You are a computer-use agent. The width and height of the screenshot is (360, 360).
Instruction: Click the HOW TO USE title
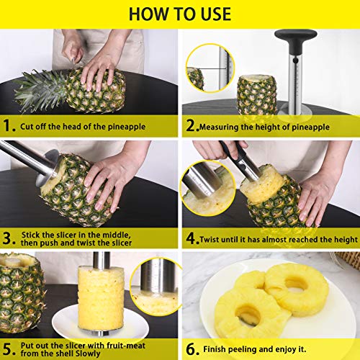[180, 14]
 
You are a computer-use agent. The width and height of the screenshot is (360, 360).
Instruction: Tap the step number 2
[193, 126]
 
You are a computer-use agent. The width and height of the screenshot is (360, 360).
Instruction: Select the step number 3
[9, 238]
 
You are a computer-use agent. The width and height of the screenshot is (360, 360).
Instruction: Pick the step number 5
[9, 349]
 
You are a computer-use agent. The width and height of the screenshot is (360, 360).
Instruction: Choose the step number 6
[193, 349]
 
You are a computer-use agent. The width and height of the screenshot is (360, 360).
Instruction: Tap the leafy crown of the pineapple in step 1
[41, 91]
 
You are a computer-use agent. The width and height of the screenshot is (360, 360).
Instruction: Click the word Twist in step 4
[210, 239]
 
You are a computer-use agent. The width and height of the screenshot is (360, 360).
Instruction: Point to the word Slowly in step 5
[88, 354]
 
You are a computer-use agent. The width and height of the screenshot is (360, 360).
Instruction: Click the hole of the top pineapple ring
[296, 284]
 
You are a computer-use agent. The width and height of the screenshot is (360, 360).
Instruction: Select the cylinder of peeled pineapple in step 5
[101, 298]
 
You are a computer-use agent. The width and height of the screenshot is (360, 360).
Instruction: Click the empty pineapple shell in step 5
[22, 293]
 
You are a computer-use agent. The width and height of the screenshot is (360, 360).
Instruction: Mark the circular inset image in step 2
[210, 68]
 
